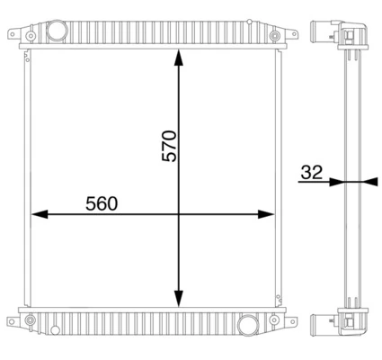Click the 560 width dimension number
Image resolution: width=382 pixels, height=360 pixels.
[102, 203]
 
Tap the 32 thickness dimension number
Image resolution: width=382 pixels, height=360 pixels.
[311, 172]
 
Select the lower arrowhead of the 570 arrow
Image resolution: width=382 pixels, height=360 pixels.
[179, 300]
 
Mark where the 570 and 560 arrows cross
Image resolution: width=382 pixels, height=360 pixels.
[179, 214]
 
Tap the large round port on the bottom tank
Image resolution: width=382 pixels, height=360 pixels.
[248, 324]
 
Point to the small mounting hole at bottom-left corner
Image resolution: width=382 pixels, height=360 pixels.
[31, 319]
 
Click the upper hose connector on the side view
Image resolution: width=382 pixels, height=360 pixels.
[321, 35]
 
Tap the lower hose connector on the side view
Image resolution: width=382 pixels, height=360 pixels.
[321, 323]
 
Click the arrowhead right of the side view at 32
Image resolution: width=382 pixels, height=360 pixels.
[362, 181]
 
